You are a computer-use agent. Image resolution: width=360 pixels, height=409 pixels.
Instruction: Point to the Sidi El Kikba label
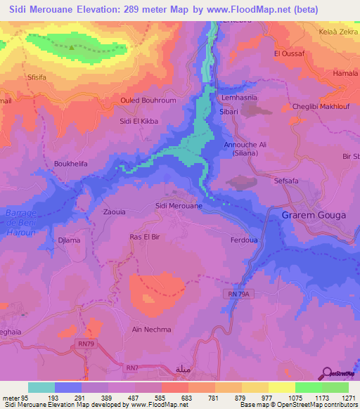[x=139, y=121]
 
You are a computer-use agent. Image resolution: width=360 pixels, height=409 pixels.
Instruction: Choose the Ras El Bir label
[x=145, y=238]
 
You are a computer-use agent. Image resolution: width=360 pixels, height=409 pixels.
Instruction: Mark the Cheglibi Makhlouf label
[x=319, y=107]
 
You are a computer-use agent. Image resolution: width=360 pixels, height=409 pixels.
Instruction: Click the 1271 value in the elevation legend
[x=348, y=398]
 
